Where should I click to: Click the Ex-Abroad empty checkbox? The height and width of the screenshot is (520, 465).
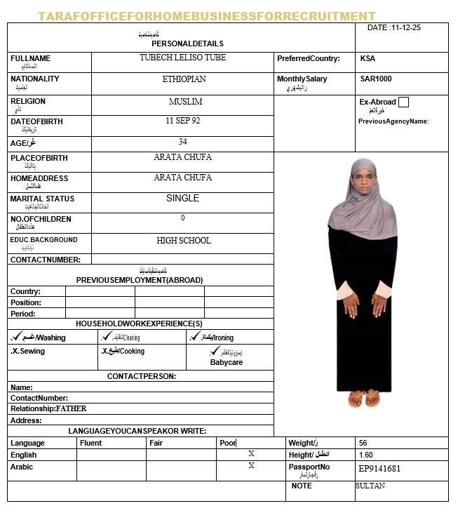(403, 102)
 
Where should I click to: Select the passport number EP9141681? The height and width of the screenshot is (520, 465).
(379, 468)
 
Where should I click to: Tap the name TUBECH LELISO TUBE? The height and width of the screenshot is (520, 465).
(182, 58)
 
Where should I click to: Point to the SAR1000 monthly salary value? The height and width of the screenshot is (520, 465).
(376, 79)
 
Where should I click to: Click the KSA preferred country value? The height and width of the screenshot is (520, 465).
(368, 59)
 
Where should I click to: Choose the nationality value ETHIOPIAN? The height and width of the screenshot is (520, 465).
(184, 79)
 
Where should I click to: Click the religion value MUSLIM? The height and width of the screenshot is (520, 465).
(185, 102)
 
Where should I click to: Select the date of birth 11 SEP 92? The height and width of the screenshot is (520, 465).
(183, 121)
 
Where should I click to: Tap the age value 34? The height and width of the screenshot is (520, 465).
(183, 142)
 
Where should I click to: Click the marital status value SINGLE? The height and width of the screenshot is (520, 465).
(183, 199)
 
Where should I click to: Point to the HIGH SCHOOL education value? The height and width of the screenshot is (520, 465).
(184, 241)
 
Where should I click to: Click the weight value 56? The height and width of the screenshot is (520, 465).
(363, 444)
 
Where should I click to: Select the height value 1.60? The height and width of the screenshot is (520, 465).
(365, 455)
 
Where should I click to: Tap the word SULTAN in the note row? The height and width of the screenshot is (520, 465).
(370, 486)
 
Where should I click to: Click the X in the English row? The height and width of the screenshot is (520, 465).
(251, 454)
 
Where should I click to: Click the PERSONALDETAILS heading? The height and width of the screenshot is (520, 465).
(187, 44)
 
